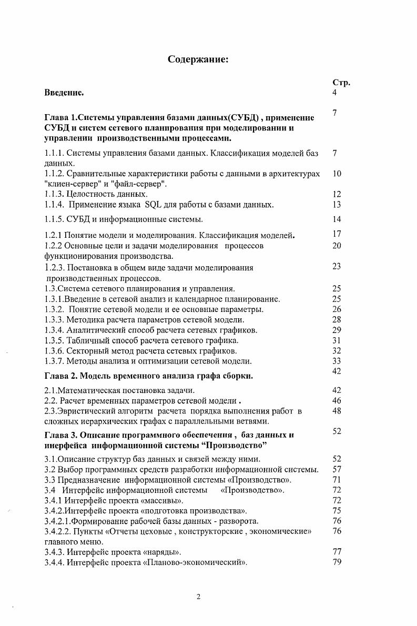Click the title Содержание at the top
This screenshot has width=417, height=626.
tap(198, 59)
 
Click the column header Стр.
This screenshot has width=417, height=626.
tap(341, 83)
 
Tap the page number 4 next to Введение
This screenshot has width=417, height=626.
tap(335, 93)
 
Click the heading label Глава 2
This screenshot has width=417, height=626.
tap(61, 376)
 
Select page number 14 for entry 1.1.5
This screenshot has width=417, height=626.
tap(337, 219)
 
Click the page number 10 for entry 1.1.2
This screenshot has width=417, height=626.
tap(337, 173)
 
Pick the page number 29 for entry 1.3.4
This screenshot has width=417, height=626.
tap(337, 330)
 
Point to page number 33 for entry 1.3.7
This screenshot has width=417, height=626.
tap(337, 360)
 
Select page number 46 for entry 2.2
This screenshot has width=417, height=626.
tap(337, 400)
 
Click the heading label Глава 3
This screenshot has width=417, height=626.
tap(61, 435)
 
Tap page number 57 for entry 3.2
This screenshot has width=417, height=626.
tap(337, 469)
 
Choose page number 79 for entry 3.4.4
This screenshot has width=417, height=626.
tap(337, 562)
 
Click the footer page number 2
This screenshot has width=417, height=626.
tap(198, 597)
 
